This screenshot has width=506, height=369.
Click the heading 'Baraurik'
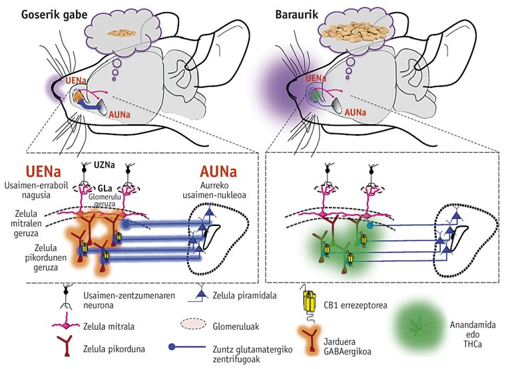tap(297, 13)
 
